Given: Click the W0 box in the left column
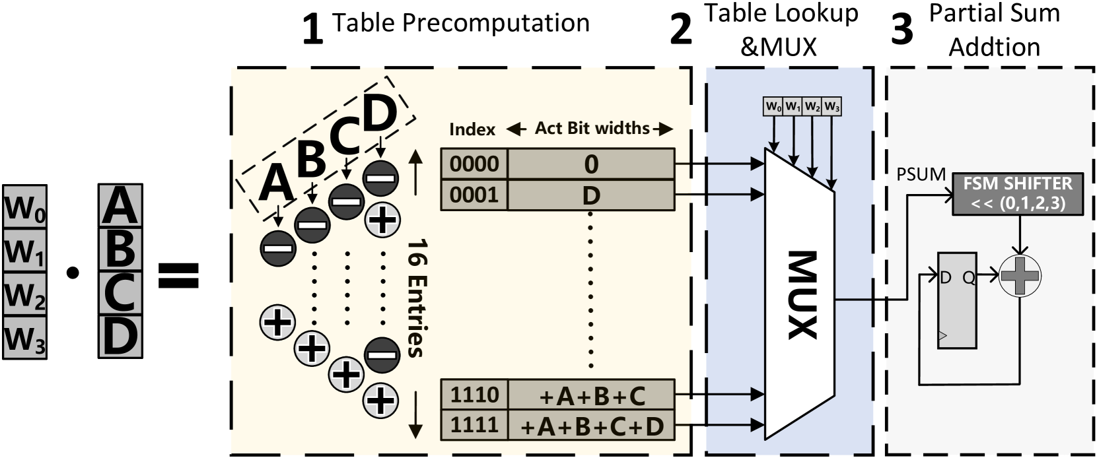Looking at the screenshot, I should (x=24, y=208).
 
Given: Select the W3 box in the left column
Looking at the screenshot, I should (x=24, y=338).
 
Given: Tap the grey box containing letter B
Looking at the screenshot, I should (x=120, y=249).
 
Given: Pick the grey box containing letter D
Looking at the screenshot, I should (x=120, y=336).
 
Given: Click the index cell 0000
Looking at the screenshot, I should (x=474, y=164).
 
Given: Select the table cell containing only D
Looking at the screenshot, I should (x=591, y=195).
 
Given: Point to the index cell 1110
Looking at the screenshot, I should (x=474, y=395).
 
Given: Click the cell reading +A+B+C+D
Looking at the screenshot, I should (x=591, y=426).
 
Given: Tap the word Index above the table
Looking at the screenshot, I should (x=472, y=129).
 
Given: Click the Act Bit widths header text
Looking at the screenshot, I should (x=592, y=128).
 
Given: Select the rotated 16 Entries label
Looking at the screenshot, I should (x=416, y=298).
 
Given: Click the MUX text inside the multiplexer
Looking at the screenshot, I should (x=802, y=295).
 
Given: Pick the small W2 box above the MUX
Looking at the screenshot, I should (x=812, y=106).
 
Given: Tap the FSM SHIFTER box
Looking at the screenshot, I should (x=1017, y=193).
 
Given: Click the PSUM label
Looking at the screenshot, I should (x=921, y=175).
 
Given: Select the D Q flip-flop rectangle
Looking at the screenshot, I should (x=957, y=300).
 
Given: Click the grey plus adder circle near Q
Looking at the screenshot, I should (x=1020, y=276).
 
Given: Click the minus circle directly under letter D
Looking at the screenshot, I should (x=380, y=178).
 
